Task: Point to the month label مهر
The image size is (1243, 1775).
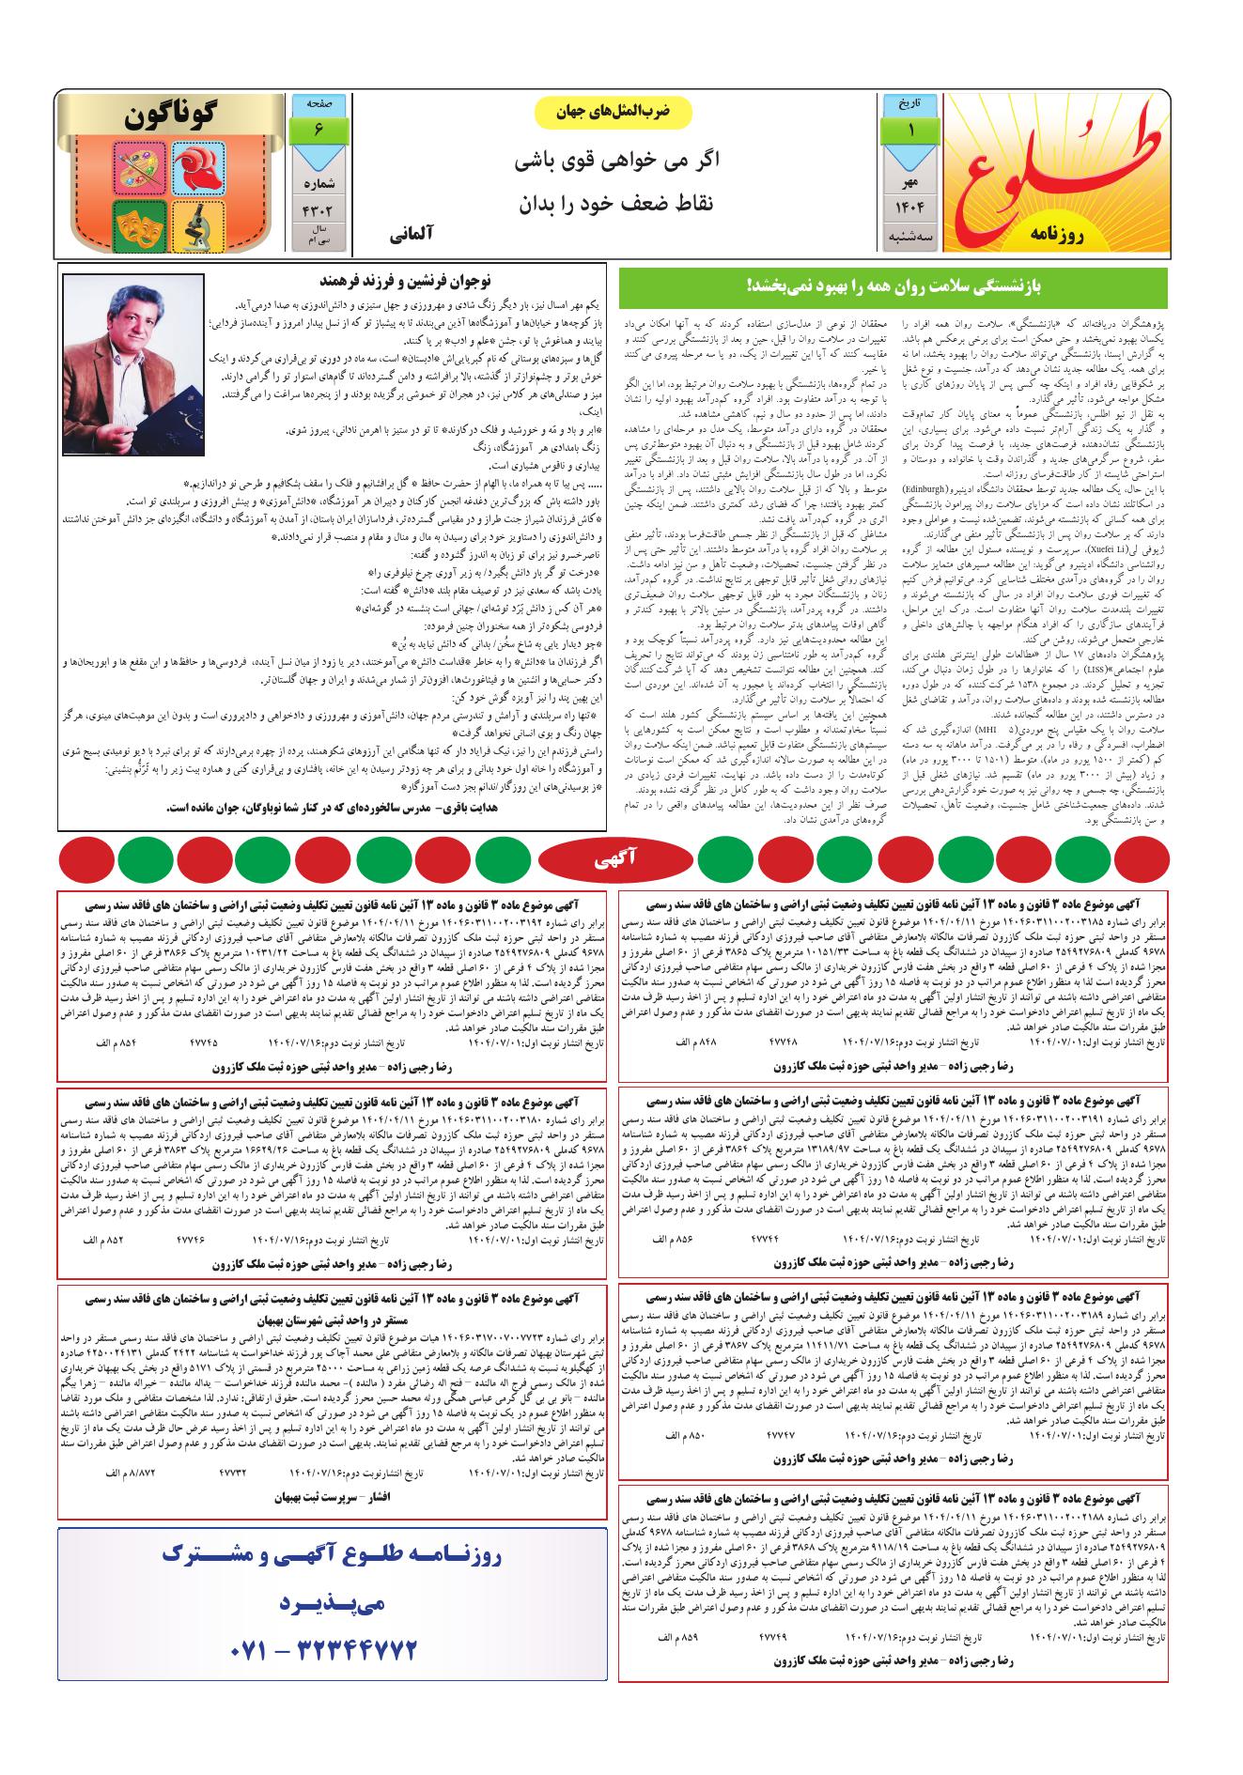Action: [909, 178]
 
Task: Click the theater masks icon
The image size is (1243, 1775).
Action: [139, 225]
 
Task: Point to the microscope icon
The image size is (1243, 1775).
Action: [198, 225]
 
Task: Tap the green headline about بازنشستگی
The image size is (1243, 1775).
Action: [893, 284]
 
